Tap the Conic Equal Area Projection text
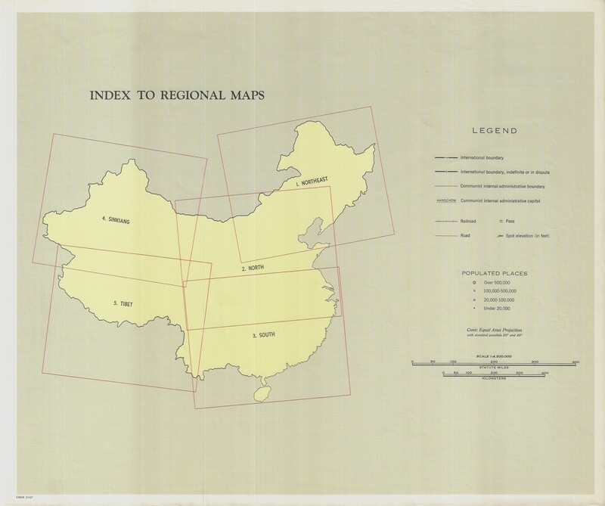click(x=495, y=331)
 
